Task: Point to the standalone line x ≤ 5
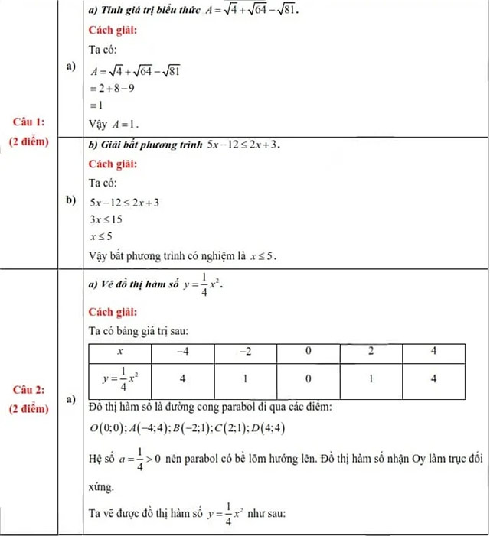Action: tap(102, 236)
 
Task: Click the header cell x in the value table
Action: tap(119, 351)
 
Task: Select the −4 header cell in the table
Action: tap(183, 351)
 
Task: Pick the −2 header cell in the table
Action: tap(246, 351)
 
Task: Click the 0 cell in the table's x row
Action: tap(308, 351)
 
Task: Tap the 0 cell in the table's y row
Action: tap(308, 378)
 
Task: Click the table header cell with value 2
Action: tap(371, 351)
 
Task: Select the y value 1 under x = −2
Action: tap(246, 378)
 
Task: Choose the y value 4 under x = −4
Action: tap(183, 378)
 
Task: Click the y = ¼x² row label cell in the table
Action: tap(119, 378)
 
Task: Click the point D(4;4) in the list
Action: tap(270, 427)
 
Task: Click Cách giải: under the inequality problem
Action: tap(113, 164)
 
